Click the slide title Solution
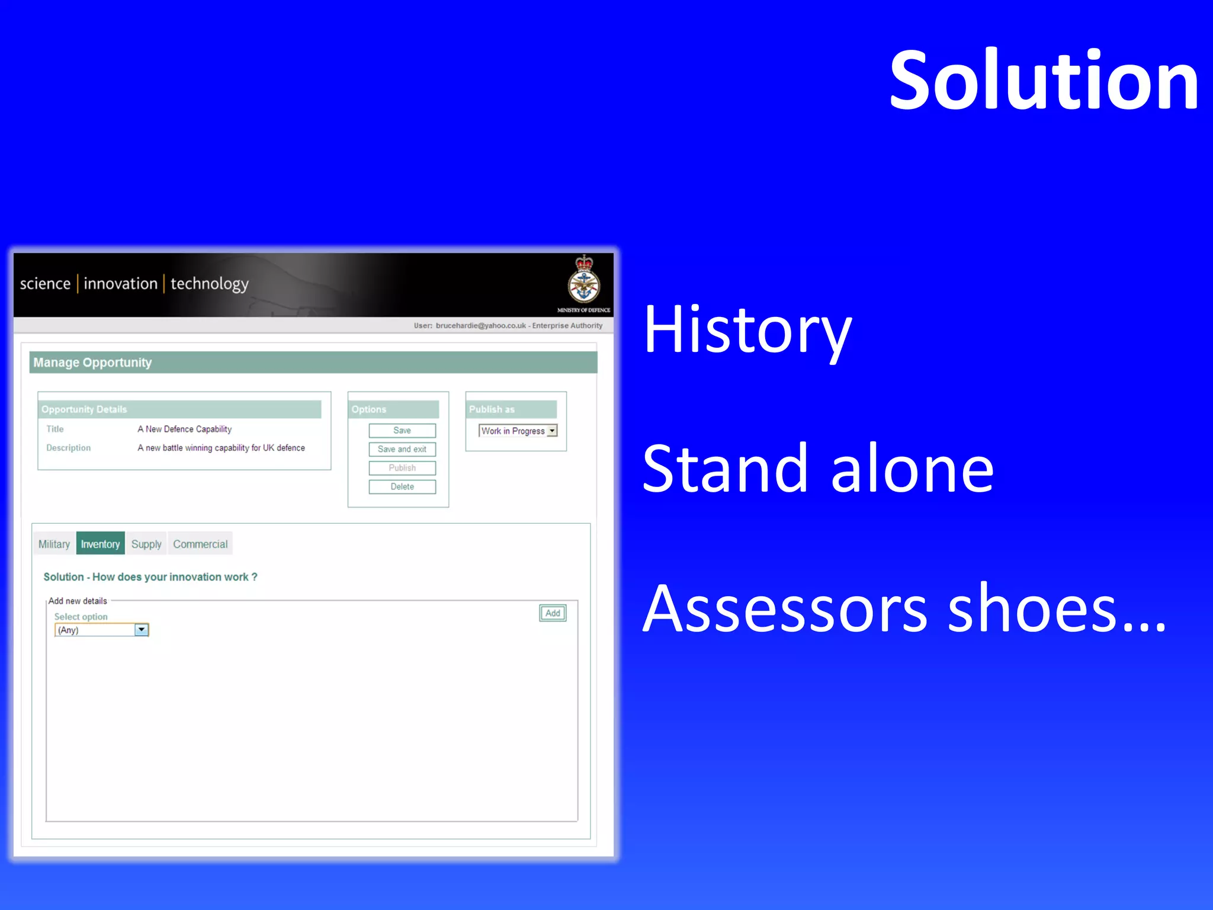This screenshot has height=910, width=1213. point(1044,81)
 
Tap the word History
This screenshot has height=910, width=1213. point(747,329)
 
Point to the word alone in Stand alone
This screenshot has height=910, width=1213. point(912,469)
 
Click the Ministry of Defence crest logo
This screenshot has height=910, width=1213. point(584,281)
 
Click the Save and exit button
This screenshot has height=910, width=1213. point(402,449)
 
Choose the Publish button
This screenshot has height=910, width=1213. point(402,468)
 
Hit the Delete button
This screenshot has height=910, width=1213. point(402,486)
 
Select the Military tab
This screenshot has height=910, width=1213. point(54,544)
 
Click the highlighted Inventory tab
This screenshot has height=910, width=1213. point(100,544)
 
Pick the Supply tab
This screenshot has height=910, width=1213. point(146,544)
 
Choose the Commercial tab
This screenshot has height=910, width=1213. point(200,544)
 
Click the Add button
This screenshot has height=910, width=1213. point(553,613)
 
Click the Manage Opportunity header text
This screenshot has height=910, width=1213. point(92,363)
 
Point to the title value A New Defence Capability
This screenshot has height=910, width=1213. point(185,429)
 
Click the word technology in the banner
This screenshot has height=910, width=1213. point(210,284)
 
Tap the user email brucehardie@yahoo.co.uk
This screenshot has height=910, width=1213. point(480,326)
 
